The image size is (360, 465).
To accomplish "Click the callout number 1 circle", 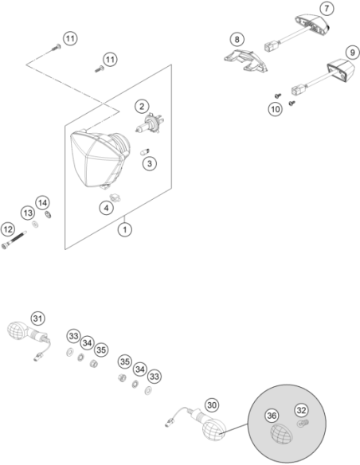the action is pyautogui.click(x=125, y=229).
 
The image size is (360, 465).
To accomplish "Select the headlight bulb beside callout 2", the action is pyautogui.click(x=150, y=123).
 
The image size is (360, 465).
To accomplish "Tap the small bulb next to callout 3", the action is pyautogui.click(x=145, y=152).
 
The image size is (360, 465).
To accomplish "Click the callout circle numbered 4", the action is pyautogui.click(x=107, y=208).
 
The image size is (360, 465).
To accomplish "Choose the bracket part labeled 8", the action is pyautogui.click(x=245, y=61).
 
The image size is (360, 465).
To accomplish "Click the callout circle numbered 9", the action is pyautogui.click(x=352, y=53).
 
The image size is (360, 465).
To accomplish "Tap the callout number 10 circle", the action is pyautogui.click(x=276, y=109).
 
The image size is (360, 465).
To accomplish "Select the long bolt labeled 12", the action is pyautogui.click(x=14, y=240).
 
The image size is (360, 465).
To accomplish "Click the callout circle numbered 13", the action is pyautogui.click(x=28, y=213).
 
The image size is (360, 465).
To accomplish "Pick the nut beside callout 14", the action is pyautogui.click(x=48, y=214).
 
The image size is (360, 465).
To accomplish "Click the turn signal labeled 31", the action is pyautogui.click(x=29, y=336).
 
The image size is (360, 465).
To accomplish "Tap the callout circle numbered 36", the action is pyautogui.click(x=272, y=416).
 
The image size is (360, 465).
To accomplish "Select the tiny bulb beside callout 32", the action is pyautogui.click(x=303, y=423).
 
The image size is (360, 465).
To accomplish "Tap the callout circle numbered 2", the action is pyautogui.click(x=142, y=107).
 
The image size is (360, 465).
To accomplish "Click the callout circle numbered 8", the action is pyautogui.click(x=237, y=39).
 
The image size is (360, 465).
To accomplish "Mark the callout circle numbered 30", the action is pyautogui.click(x=212, y=405).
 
